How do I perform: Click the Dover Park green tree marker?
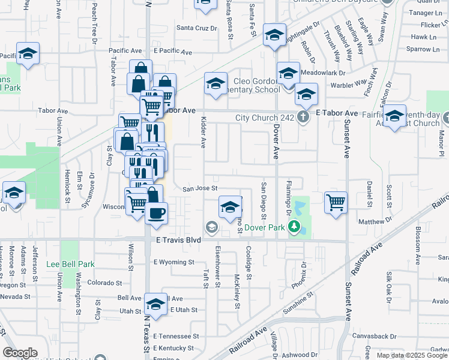(x=294, y=226)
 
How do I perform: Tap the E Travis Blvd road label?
(x=177, y=239)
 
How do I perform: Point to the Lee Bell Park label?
(x=71, y=264)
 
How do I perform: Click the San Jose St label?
(x=199, y=188)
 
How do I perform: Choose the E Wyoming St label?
(x=174, y=262)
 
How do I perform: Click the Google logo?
(x=20, y=353)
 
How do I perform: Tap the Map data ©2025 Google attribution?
(x=412, y=355)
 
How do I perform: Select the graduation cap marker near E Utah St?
(x=155, y=304)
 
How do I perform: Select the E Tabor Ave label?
(x=336, y=113)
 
